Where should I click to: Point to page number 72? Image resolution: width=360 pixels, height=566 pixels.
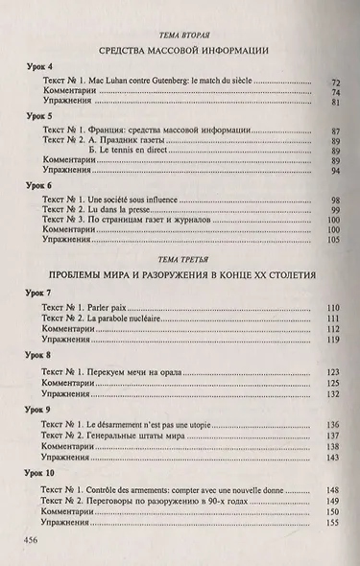click(x=336, y=83)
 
